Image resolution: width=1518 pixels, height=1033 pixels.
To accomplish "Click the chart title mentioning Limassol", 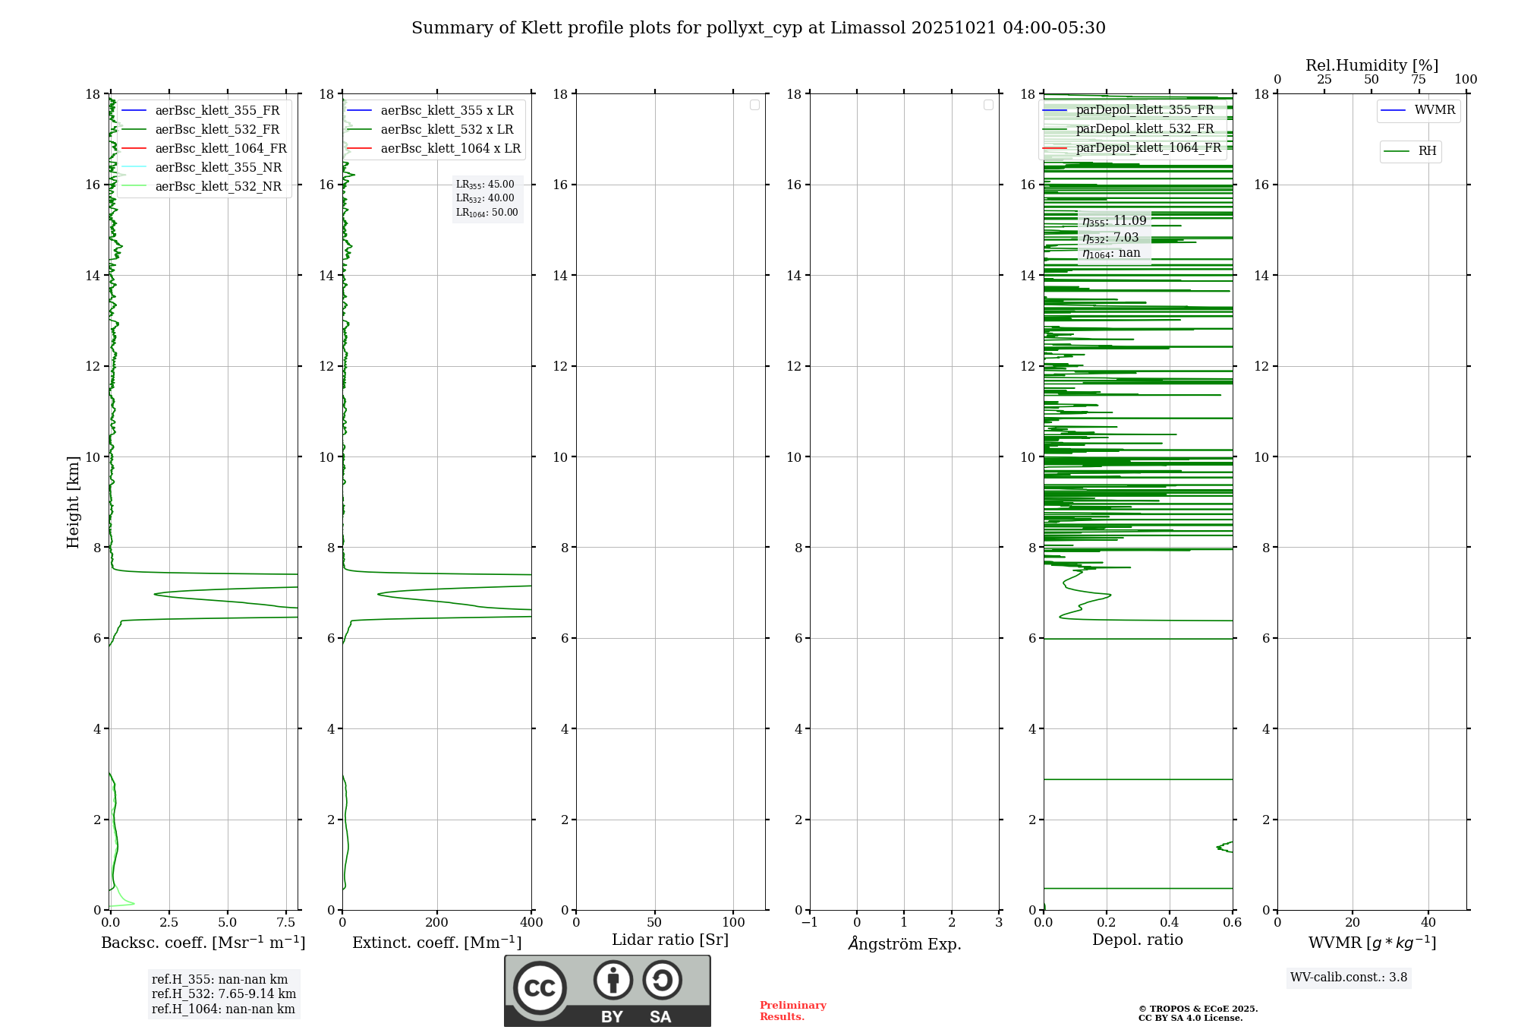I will pos(758,28).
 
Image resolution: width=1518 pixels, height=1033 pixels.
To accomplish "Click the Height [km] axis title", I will pos(73,502).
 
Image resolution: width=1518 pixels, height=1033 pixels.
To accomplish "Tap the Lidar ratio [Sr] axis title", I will pos(670,940).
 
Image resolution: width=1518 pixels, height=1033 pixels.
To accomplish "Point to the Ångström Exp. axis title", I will pos(904,944).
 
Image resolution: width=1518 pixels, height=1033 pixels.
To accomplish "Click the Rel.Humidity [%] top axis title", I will pos(1372,65).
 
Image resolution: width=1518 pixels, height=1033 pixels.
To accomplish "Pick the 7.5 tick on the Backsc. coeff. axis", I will pos(286,923).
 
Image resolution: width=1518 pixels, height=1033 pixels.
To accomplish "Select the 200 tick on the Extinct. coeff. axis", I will pos(437,923).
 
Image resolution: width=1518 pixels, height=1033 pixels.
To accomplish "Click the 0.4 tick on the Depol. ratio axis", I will pos(1170,923).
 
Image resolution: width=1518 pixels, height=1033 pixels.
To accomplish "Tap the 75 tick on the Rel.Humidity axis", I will pos(1418,80).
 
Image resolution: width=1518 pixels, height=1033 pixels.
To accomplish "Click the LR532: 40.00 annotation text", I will pos(485,198).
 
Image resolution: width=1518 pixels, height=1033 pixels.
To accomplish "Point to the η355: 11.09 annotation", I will pos(1114,221).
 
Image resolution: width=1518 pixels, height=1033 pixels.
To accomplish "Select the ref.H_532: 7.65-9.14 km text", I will pos(223,994).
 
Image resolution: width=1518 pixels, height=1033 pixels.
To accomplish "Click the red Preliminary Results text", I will pos(792,1011).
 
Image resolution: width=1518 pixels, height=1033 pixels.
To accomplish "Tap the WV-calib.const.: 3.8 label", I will pos(1349,978).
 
